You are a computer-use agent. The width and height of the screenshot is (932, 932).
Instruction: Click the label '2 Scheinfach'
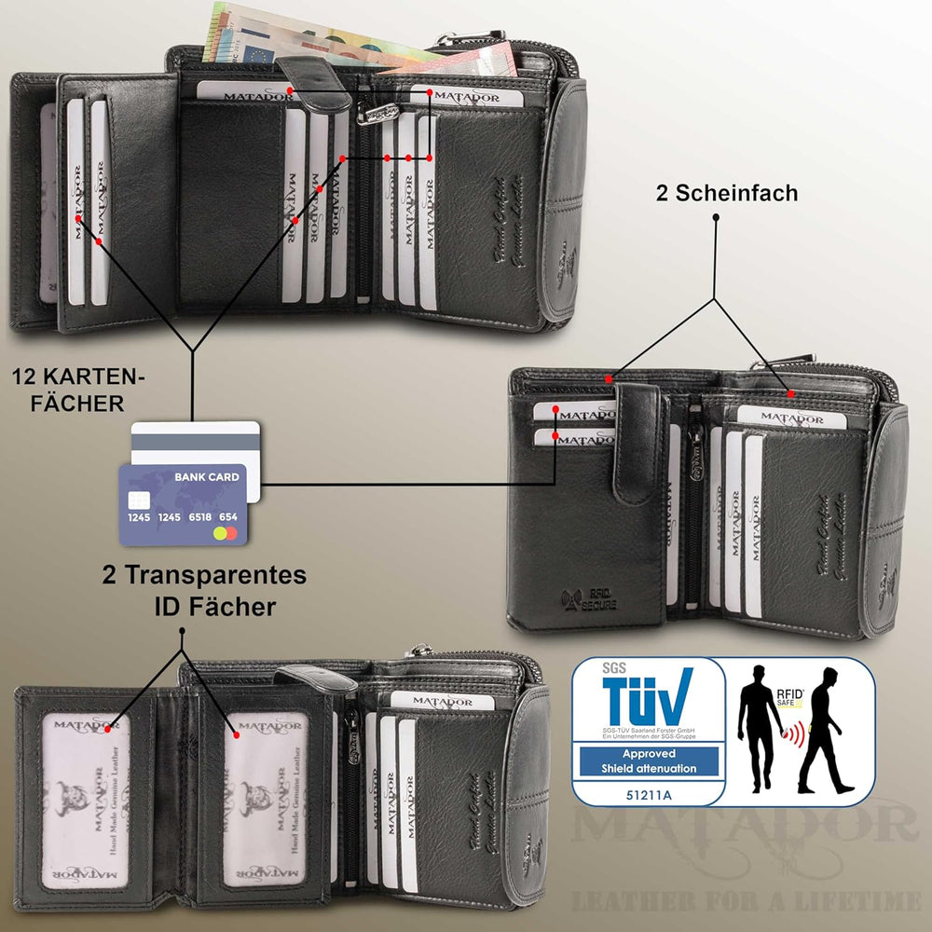click(x=727, y=193)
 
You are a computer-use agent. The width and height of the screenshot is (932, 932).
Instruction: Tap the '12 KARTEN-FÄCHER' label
click(x=79, y=391)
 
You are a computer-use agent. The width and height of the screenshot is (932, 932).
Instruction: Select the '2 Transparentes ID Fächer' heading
click(x=204, y=590)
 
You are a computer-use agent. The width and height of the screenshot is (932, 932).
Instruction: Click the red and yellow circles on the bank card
click(x=225, y=534)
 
